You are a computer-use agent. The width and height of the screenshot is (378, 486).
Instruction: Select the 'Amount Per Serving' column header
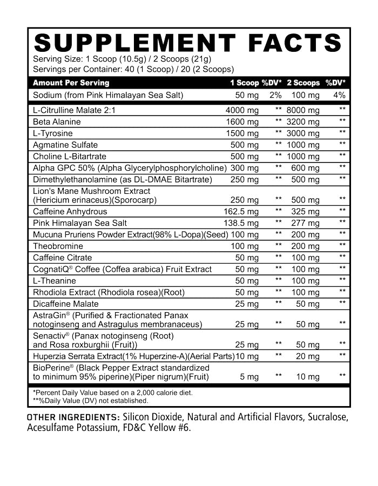(71, 83)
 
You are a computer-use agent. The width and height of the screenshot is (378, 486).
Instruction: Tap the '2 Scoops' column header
(304, 83)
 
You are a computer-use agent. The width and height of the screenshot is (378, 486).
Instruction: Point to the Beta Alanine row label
(57, 122)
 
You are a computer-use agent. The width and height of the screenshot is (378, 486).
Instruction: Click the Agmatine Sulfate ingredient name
(65, 145)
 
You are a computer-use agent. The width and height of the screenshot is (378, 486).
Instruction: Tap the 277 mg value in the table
(307, 223)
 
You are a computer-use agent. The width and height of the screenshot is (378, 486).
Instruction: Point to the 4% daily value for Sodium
(339, 95)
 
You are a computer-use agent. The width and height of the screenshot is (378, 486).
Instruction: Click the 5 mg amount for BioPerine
(249, 376)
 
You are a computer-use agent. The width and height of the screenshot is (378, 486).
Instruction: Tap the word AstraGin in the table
(50, 315)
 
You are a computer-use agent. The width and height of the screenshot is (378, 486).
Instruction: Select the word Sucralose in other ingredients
(327, 417)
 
